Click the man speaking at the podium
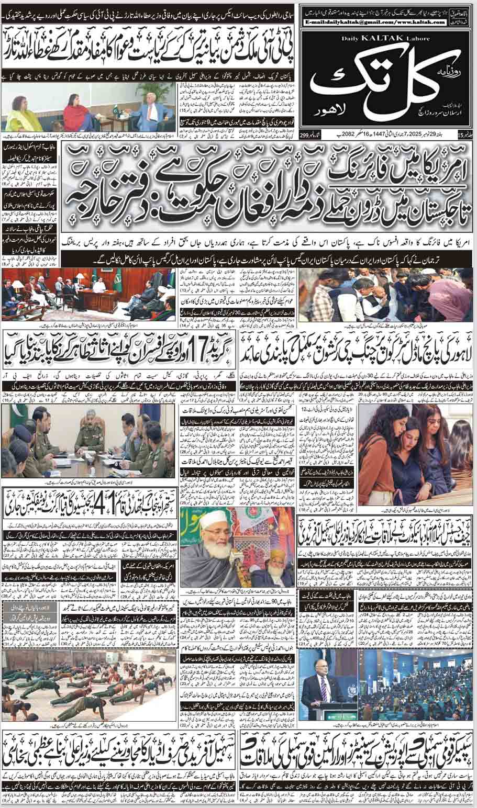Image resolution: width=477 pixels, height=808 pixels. pyautogui.click(x=319, y=686)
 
